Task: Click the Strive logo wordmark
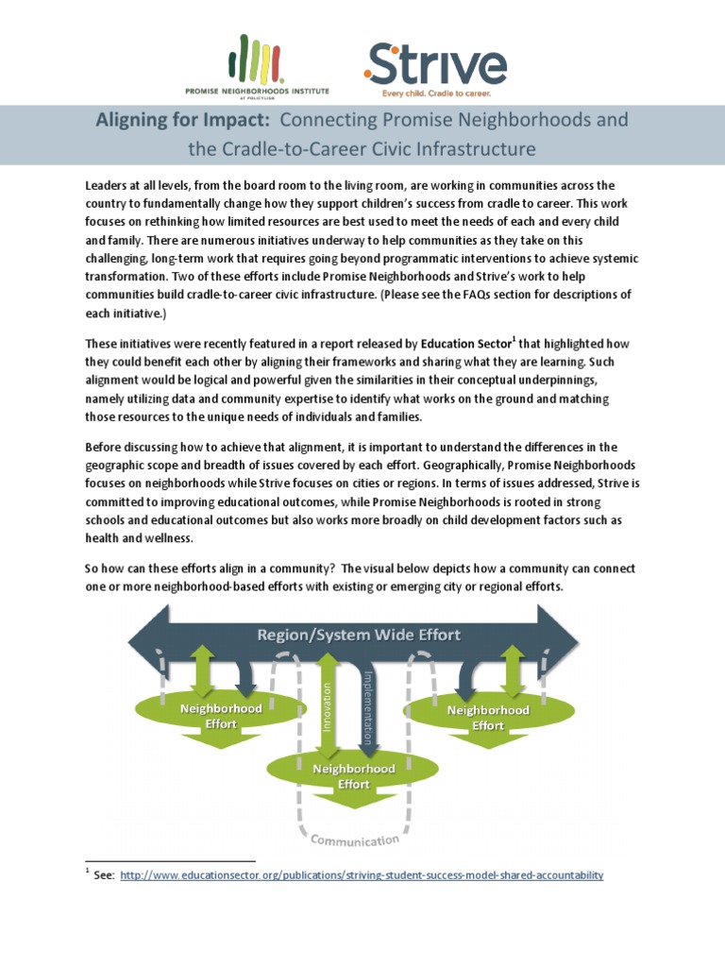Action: point(436,65)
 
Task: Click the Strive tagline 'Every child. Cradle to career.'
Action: point(435,94)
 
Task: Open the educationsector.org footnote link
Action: point(362,875)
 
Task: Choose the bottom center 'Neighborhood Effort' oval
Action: point(353,775)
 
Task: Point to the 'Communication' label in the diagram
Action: point(355,840)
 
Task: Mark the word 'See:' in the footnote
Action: point(104,875)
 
